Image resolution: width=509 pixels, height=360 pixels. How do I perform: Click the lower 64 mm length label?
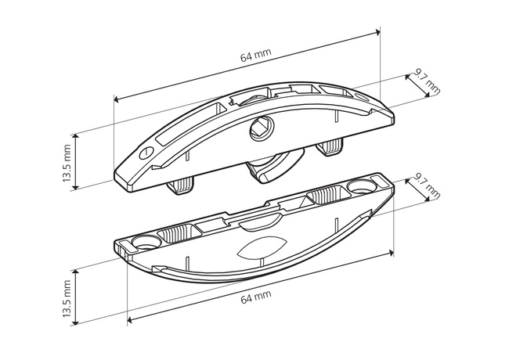pos(256,297)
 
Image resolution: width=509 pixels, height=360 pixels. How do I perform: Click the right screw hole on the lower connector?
pos(361,187)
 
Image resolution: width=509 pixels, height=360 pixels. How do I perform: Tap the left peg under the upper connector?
pos(181,185)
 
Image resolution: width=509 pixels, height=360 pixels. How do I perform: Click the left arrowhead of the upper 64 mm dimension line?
pos(117,99)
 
